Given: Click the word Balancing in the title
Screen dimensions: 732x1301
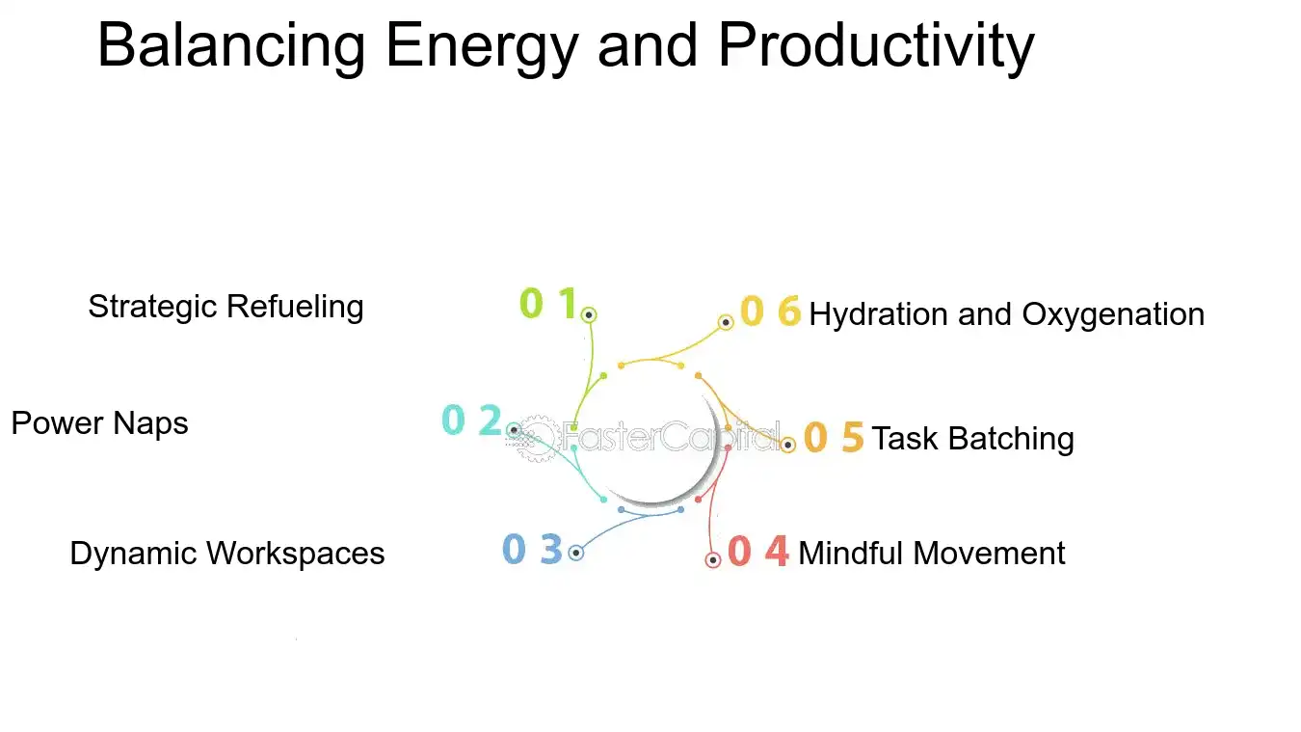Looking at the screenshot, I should (x=231, y=45).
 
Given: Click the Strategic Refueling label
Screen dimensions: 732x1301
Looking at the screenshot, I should (x=226, y=307).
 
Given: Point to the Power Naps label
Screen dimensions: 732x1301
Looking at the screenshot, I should (x=99, y=423).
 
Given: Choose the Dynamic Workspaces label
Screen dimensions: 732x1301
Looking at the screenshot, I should (x=227, y=554).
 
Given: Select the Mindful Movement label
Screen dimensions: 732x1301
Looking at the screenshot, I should (x=932, y=554).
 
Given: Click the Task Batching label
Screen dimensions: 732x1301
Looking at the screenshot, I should (x=972, y=439).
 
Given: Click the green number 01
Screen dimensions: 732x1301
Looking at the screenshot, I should (x=547, y=304).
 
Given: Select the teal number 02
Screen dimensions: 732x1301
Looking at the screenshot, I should (x=471, y=421).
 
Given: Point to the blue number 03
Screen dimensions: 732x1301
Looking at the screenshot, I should (x=532, y=550).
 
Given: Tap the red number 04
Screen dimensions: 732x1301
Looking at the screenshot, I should (x=758, y=552).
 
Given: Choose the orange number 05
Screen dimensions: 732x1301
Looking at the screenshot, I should (x=834, y=438).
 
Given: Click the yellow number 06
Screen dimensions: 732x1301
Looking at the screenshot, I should (x=770, y=312).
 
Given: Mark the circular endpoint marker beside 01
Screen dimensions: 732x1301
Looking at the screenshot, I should (x=589, y=314).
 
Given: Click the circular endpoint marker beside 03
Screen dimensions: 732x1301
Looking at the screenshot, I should (x=576, y=553).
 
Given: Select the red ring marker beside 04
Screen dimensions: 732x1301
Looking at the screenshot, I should (x=713, y=559).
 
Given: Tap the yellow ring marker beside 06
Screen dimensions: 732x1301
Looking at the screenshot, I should (x=727, y=322).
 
